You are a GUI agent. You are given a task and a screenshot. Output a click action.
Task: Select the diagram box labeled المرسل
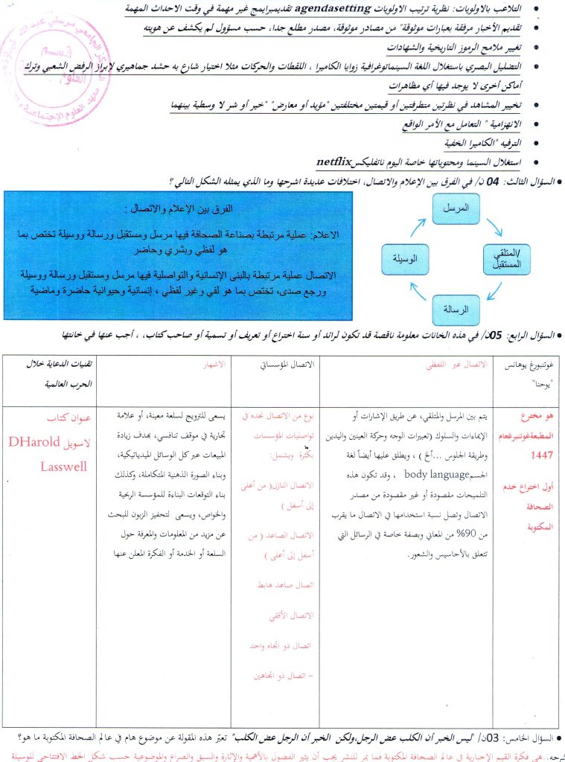point(462,210)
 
